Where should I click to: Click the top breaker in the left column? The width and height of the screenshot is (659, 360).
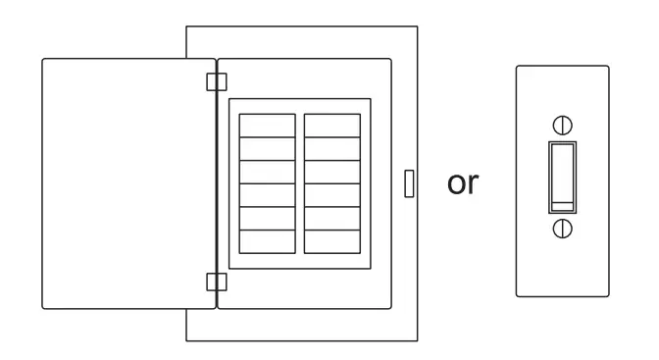[268, 126]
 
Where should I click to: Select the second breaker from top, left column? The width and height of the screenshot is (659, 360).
[268, 148]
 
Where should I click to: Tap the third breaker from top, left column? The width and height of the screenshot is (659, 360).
[268, 172]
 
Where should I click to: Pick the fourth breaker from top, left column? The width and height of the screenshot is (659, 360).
[268, 195]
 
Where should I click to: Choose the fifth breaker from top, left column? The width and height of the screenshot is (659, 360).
[268, 218]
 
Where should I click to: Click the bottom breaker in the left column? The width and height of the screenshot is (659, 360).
[268, 241]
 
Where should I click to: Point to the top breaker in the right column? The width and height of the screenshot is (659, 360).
[331, 126]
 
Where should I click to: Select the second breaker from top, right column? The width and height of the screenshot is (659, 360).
[331, 148]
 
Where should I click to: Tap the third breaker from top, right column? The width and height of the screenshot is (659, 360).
[331, 172]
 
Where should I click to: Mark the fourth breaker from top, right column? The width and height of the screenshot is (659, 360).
[331, 195]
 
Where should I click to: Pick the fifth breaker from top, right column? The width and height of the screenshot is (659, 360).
[331, 218]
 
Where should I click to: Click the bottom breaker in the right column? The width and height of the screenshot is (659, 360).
[331, 241]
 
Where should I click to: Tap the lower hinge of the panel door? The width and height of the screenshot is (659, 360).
[216, 283]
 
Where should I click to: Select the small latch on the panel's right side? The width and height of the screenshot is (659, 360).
[409, 182]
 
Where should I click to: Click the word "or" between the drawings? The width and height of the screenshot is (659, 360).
[462, 183]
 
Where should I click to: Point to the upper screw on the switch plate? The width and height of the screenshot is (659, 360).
[562, 125]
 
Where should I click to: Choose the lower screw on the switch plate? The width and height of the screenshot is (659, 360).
[562, 228]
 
